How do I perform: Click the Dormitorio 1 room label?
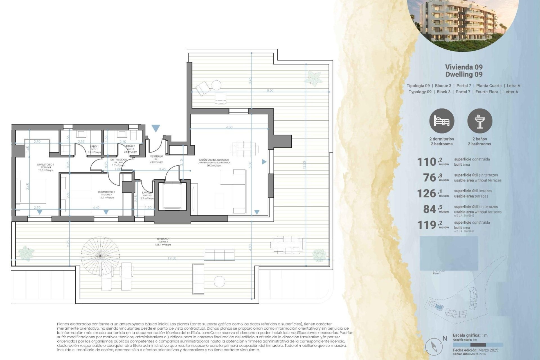click(x=46, y=165)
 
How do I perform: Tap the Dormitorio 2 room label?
click(x=106, y=192)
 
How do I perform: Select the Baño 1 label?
click(x=94, y=147)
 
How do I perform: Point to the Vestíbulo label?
click(x=157, y=156)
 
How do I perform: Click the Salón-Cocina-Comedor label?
click(x=214, y=160)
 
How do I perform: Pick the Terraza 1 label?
click(x=163, y=239)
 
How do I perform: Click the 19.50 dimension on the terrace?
click(x=172, y=258)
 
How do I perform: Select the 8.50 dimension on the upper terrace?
click(x=270, y=91)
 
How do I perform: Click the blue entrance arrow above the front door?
click(x=156, y=129)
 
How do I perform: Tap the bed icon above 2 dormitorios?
click(x=442, y=121)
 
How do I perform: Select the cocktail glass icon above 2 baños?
click(x=480, y=121)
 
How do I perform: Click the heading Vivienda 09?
click(x=464, y=67)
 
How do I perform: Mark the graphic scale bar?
click(x=478, y=345)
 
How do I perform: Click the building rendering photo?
click(x=463, y=22)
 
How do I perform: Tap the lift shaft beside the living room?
click(x=172, y=196)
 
